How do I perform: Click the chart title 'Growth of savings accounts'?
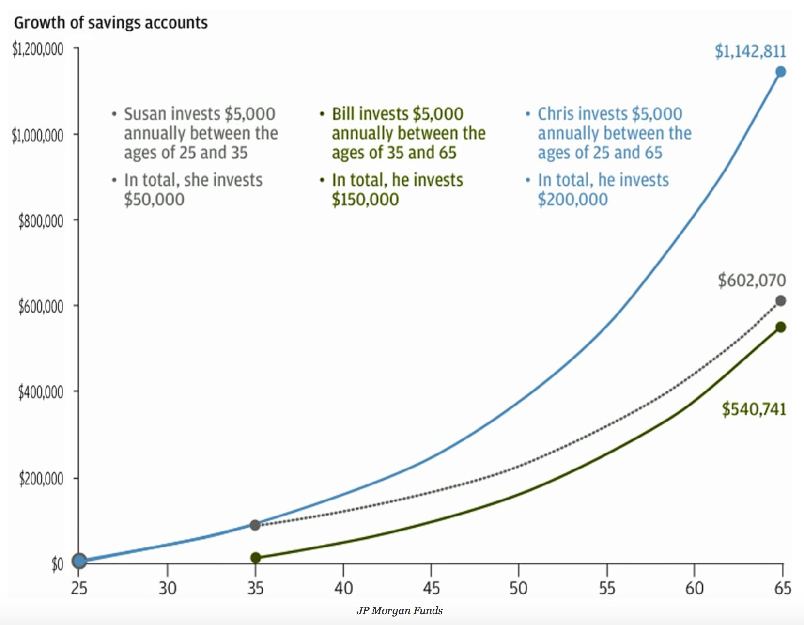[110, 23]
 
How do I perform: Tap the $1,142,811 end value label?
[750, 51]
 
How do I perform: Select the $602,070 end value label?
[752, 280]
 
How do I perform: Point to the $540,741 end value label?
[754, 409]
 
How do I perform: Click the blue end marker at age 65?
[780, 72]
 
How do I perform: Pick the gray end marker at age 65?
[780, 301]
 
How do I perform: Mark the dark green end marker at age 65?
[780, 328]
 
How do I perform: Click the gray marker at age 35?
[255, 525]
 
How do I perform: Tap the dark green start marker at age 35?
[256, 558]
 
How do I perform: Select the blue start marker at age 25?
[79, 561]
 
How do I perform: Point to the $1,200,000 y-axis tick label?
[38, 49]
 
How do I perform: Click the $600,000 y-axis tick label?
[41, 307]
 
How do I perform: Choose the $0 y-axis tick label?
[57, 564]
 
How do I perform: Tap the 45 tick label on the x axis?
[431, 588]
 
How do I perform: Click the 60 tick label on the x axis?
[694, 588]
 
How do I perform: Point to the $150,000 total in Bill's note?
[365, 200]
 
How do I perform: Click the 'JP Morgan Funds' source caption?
[400, 610]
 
